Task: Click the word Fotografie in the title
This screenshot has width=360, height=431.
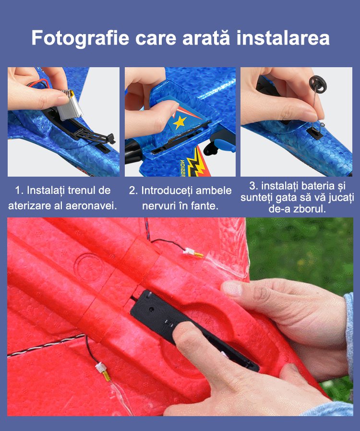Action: coord(80,38)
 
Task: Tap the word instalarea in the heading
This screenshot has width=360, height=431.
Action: coord(283,37)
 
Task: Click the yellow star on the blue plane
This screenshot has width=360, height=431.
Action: coord(180,122)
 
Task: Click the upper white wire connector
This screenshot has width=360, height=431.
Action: coord(189,251)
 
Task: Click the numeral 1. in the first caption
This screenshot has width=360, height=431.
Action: coord(19,190)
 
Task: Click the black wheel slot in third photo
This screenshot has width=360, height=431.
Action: coord(313,132)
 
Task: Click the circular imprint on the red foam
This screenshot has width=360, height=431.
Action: coord(88,268)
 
